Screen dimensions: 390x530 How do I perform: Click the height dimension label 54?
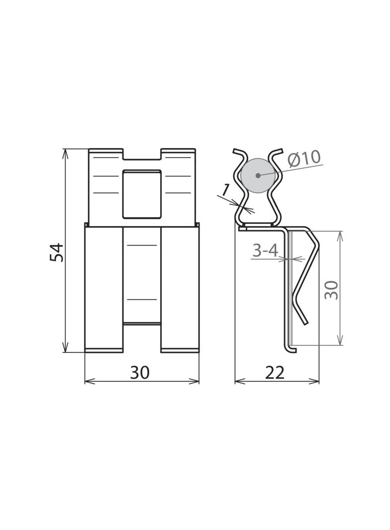coord(57,252)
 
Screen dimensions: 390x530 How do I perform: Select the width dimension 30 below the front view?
coord(140,372)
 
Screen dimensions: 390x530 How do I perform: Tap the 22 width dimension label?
coord(275,372)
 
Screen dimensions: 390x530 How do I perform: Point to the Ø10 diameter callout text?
coord(304,158)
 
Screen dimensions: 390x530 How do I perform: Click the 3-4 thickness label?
coord(265,251)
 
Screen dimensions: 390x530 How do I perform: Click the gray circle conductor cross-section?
coord(257,175)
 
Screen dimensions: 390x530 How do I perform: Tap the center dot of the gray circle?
coord(258,175)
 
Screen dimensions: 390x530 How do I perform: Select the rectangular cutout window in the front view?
coord(141,194)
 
